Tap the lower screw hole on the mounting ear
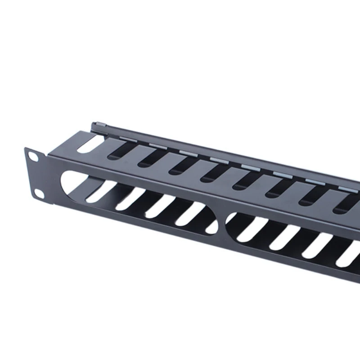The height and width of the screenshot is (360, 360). coord(39,193)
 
